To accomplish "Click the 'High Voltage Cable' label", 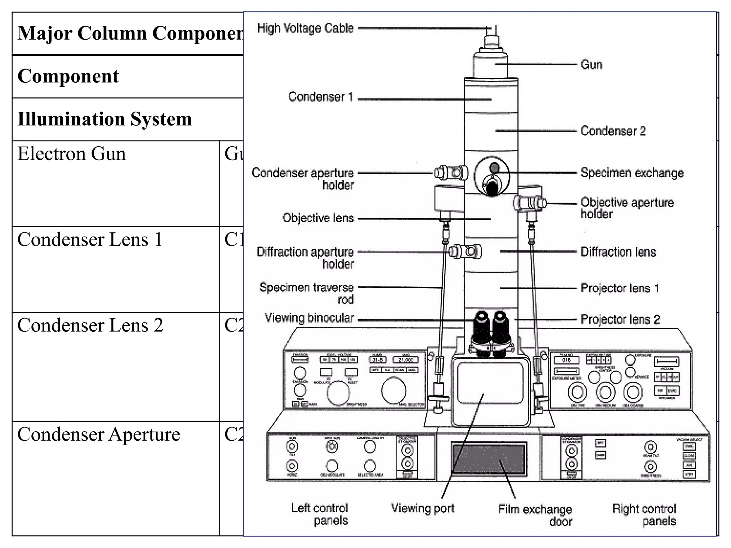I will tap(305, 28).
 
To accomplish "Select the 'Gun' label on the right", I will tap(591, 65).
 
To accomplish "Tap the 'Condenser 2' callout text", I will tap(613, 131).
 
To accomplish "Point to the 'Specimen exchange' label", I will tap(632, 173).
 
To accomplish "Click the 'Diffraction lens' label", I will tap(618, 252).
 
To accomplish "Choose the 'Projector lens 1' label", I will tap(619, 288).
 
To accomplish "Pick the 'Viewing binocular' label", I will tap(309, 318).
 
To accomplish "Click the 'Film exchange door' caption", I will tap(535, 515).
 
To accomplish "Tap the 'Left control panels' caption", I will tap(319, 514).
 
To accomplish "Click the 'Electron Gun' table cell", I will tap(71, 154).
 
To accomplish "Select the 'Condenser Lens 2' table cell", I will tap(90, 325).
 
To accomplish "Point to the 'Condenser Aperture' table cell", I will tap(99, 435).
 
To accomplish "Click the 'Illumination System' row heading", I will tap(105, 119).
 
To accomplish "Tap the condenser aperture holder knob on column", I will tap(451, 173).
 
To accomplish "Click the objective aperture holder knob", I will tap(530, 203).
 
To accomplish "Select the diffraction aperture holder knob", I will tap(465, 252).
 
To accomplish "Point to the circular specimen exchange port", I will tap(492, 176).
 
